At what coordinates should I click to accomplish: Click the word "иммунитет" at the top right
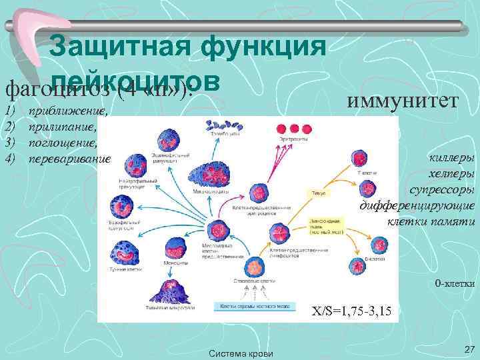pyautogui.click(x=403, y=100)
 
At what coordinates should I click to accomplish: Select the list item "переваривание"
pyautogui.click(x=69, y=159)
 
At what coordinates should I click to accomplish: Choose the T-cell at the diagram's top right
pyautogui.click(x=359, y=159)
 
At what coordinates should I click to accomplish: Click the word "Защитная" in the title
pyautogui.click(x=115, y=47)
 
